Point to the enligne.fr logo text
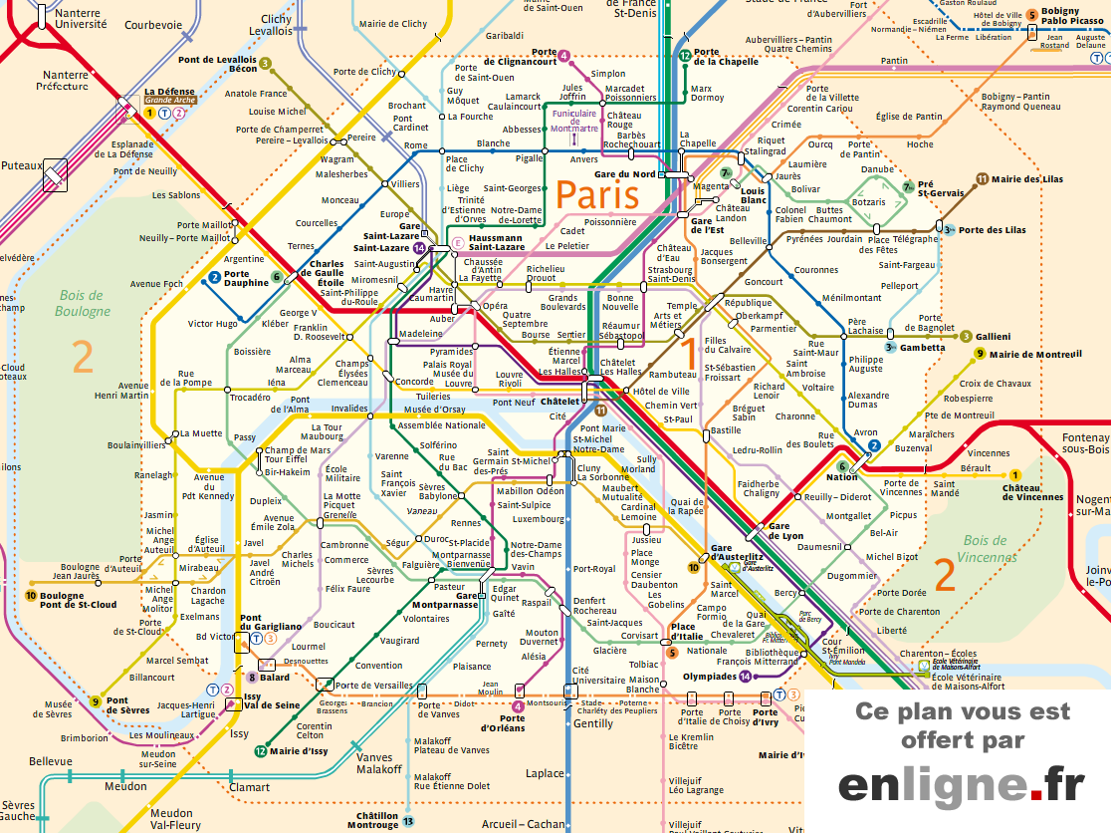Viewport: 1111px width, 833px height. click(961, 785)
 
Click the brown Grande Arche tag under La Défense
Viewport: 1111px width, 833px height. click(170, 101)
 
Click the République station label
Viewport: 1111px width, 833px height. click(748, 303)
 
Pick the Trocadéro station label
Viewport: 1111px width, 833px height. click(250, 398)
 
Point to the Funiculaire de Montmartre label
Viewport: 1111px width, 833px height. click(574, 121)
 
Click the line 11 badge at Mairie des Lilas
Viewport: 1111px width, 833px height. click(982, 179)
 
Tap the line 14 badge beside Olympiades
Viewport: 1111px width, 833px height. click(745, 677)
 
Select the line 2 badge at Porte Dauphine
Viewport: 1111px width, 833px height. click(214, 276)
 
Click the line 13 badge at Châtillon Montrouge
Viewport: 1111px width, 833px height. click(408, 820)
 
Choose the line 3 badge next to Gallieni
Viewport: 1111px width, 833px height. click(966, 337)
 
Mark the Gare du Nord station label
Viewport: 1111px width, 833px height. click(624, 174)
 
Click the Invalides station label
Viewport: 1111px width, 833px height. click(349, 409)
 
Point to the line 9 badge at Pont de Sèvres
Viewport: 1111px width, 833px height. click(96, 700)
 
